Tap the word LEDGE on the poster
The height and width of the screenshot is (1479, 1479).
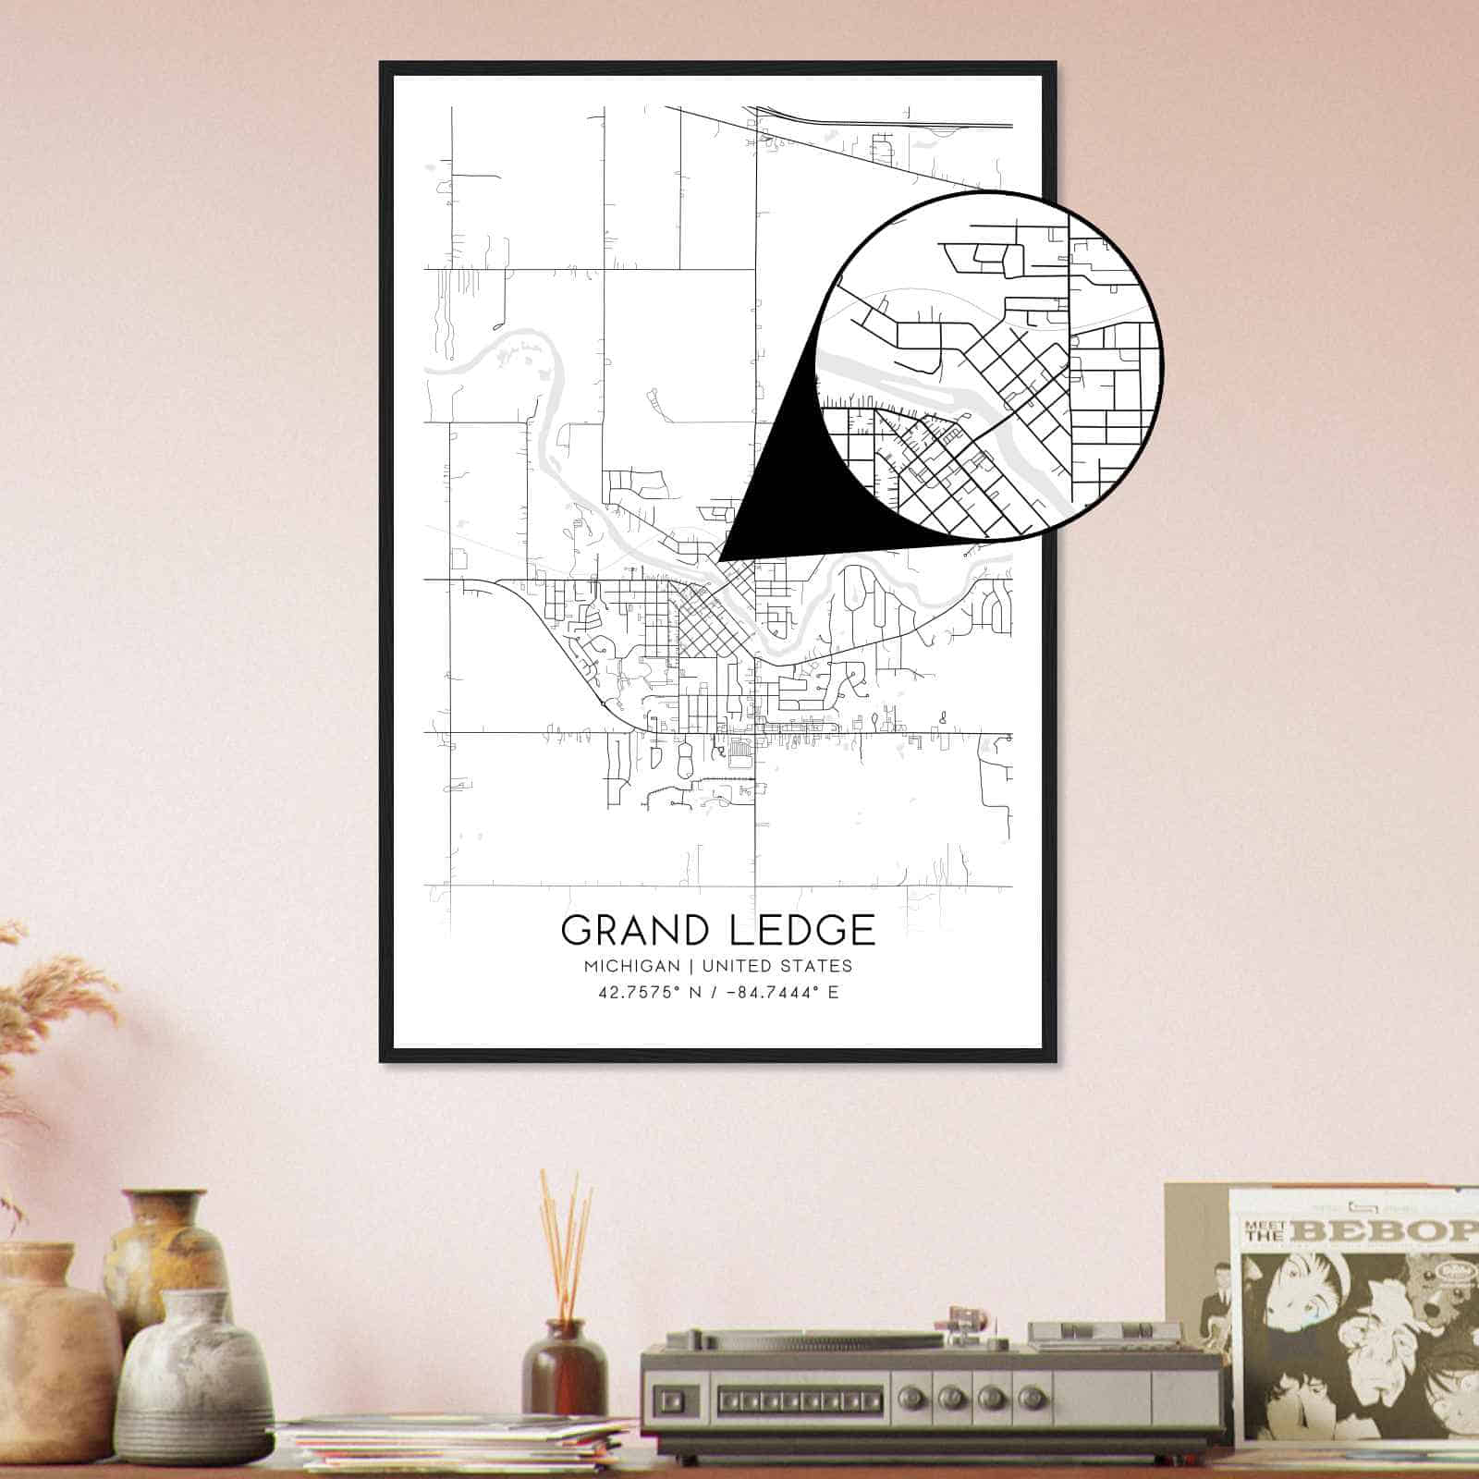pos(801,929)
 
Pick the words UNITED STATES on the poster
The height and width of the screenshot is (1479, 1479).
pos(776,966)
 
